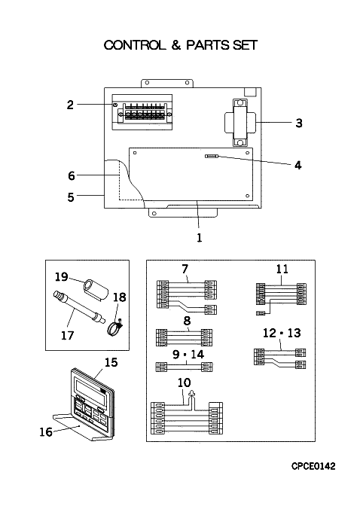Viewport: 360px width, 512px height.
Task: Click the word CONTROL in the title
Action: point(135,45)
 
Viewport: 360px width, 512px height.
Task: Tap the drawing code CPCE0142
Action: point(313,466)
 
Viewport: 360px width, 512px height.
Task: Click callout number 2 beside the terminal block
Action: point(70,105)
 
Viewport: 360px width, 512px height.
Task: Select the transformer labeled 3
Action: point(240,123)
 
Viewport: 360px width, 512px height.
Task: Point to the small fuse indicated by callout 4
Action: point(212,157)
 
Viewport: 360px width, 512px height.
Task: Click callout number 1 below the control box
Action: point(200,237)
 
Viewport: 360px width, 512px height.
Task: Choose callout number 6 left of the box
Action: point(72,175)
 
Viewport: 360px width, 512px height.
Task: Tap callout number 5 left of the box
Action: point(71,197)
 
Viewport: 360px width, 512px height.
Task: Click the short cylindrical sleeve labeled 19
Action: point(96,289)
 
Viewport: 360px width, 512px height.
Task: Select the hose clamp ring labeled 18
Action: point(114,328)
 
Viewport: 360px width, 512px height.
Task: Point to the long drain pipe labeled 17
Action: point(78,307)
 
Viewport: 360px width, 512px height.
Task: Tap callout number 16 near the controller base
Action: point(46,432)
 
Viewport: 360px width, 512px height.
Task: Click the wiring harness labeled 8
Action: point(185,337)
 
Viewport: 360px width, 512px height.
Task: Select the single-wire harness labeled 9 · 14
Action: point(185,367)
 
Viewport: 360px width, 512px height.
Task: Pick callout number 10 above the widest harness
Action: point(185,382)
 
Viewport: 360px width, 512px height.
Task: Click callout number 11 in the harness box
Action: point(282,269)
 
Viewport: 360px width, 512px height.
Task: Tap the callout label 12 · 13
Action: point(282,333)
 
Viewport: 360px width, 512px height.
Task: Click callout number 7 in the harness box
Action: point(185,269)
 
